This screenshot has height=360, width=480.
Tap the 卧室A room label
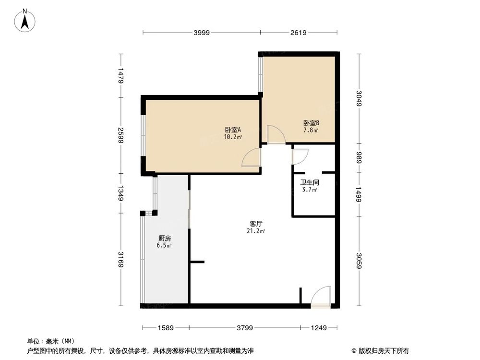[x=233, y=130]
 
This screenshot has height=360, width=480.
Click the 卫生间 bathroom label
[x=310, y=183]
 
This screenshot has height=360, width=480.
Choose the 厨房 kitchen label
[x=165, y=239]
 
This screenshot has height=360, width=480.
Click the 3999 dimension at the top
[x=202, y=33]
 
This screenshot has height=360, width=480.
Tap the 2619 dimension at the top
[x=298, y=33]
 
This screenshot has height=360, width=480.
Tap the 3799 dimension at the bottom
[x=245, y=328]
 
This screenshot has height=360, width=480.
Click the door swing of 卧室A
[x=252, y=157]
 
